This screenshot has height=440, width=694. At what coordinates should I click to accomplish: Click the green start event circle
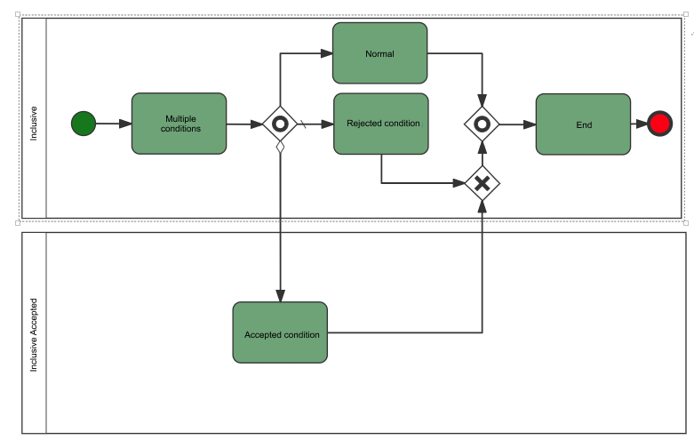coord(84,124)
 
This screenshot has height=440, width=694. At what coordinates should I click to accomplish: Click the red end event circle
coord(659,124)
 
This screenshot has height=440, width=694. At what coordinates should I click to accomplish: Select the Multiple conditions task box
coord(179,124)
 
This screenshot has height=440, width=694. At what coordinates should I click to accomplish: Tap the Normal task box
coord(379,53)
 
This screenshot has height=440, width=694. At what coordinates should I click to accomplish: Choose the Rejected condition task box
coord(381,124)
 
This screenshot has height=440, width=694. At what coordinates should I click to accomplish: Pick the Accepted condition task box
coord(280,332)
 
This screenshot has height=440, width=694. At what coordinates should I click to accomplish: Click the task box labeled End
coord(583,124)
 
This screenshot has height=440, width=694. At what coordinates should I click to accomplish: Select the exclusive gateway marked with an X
coord(482,183)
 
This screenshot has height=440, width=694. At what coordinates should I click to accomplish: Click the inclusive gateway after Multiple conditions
coord(280,124)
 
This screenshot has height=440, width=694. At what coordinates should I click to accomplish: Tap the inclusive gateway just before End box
coord(482,124)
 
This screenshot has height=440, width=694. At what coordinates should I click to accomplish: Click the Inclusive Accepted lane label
coord(34,335)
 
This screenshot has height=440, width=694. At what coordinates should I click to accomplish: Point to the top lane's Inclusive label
coord(34,124)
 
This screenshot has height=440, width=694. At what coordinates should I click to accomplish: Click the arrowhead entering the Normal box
coord(327,53)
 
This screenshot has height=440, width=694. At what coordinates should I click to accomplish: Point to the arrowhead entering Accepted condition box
coord(280,296)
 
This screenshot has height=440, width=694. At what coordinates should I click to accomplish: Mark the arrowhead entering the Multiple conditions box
coord(125,124)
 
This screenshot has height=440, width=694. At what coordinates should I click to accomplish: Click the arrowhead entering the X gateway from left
coord(459,183)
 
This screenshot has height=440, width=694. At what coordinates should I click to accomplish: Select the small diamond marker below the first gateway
coord(280,147)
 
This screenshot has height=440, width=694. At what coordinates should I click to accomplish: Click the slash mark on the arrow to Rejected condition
coord(302,124)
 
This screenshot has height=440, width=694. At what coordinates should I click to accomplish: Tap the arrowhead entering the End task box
coord(530,124)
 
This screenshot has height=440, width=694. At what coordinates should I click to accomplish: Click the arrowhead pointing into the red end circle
coord(642,124)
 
